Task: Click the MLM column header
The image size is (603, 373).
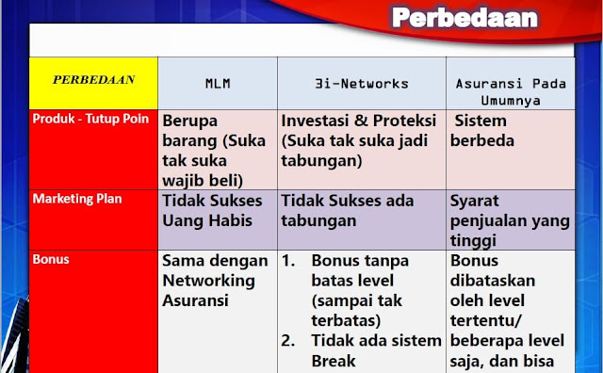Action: (x=218, y=84)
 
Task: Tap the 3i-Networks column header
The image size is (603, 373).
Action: (x=362, y=84)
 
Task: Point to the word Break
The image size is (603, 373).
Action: (x=335, y=360)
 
